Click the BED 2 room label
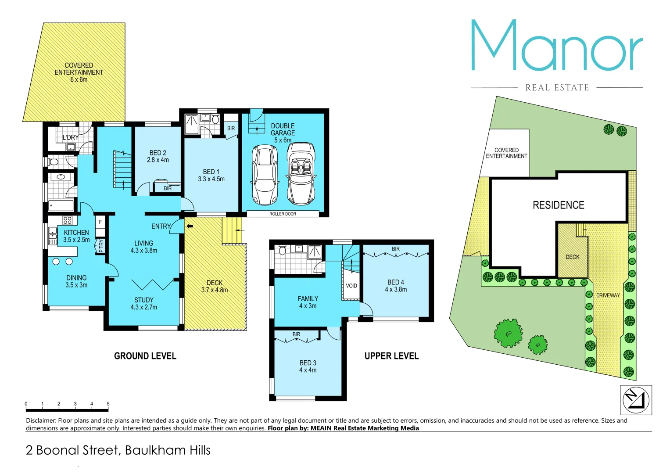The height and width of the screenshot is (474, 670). pos(158,156)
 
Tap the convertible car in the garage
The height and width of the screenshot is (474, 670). pos(301,173)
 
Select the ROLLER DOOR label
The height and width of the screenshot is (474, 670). pos(283,214)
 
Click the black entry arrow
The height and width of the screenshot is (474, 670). pos(190,226)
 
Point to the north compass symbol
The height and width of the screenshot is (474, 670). pos(636,400)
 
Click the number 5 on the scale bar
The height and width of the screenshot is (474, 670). pos(108,404)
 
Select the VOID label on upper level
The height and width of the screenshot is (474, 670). pos(351,286)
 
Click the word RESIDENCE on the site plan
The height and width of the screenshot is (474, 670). pos(558,205)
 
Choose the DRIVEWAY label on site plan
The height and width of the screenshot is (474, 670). pos(608,295)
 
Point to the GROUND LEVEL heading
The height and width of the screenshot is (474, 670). pos(145,356)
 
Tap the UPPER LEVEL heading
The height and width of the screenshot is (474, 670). pos(391,356)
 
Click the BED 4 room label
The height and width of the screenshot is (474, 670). pos(396,286)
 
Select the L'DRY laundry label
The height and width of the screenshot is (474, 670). pos(71,137)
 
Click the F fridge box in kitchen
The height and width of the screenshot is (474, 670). pos(100,222)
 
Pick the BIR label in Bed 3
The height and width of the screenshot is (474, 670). pos(297,334)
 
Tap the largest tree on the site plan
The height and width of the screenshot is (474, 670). pos(509,333)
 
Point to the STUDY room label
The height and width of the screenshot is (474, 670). pos(144,303)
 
